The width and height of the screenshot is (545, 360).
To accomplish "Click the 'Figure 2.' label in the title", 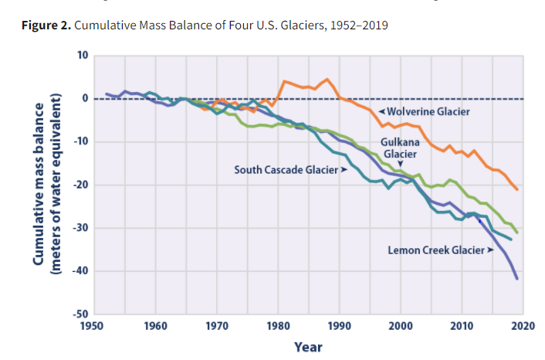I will [x=48, y=26].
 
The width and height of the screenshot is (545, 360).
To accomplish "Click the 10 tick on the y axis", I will [x=82, y=56].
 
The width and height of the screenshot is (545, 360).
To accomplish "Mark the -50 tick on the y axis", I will [x=80, y=314].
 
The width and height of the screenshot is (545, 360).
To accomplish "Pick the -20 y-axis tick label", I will [x=80, y=185].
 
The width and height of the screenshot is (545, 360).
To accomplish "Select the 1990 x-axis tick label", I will [x=339, y=326].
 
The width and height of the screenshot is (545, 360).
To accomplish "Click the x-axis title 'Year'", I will [x=308, y=346].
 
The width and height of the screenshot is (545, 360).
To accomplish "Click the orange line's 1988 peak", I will [x=327, y=79].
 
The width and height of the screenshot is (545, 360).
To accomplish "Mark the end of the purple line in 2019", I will [x=516, y=278].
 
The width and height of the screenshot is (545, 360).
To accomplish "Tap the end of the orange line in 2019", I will [x=516, y=189].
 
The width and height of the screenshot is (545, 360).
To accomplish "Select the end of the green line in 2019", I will [x=516, y=233].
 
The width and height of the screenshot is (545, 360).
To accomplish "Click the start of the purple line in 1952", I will [x=107, y=94].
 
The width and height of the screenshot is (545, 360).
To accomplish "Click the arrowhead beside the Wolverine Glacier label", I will [x=381, y=111].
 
